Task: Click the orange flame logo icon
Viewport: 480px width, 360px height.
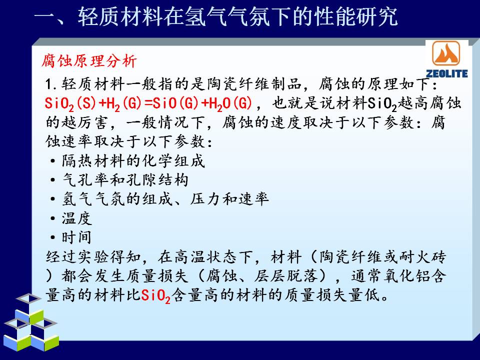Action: pyautogui.click(x=446, y=54)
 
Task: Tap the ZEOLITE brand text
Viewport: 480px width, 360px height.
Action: pyautogui.click(x=446, y=73)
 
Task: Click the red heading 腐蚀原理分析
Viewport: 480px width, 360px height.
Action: pyautogui.click(x=89, y=60)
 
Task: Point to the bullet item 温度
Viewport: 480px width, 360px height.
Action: pyautogui.click(x=76, y=218)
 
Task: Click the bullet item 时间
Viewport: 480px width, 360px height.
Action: pyautogui.click(x=76, y=237)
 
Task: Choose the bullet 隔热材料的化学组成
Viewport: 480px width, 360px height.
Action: pyautogui.click(x=133, y=160)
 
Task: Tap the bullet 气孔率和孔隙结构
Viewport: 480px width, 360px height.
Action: pyautogui.click(x=125, y=179)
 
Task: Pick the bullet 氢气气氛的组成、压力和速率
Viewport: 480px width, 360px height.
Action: pyautogui.click(x=165, y=199)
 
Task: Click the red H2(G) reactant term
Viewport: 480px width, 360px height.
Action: pyautogui.click(x=123, y=103)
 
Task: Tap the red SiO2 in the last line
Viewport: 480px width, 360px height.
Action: pyautogui.click(x=155, y=296)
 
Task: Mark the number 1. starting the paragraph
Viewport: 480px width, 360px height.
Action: pyautogui.click(x=51, y=84)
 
